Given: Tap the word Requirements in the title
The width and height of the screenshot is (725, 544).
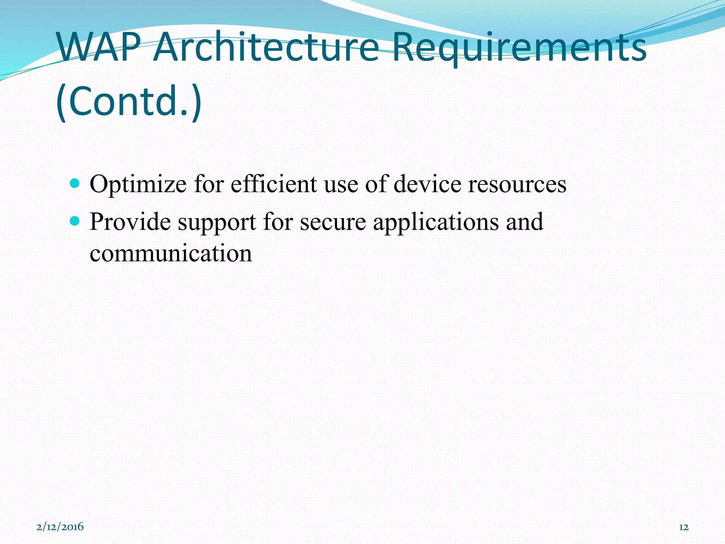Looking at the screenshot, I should (x=519, y=47).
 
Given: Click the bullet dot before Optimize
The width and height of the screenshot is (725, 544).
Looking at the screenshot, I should (x=75, y=183).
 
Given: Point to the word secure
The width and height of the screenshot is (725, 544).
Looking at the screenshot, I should (x=333, y=222).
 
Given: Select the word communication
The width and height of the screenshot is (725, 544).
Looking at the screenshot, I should (x=171, y=254).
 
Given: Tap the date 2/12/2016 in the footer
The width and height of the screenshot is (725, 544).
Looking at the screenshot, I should (x=60, y=527).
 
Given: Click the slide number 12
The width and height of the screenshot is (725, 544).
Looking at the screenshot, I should (x=684, y=527).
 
